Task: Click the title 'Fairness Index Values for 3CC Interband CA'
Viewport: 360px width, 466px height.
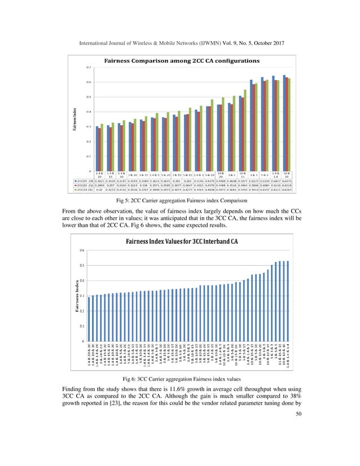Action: coord(180,258)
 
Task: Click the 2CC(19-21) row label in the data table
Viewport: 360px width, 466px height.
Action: coord(82,191)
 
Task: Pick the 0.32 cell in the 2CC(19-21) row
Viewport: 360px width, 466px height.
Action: coord(99,191)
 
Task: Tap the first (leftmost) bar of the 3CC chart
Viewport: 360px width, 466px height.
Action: coord(89,318)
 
